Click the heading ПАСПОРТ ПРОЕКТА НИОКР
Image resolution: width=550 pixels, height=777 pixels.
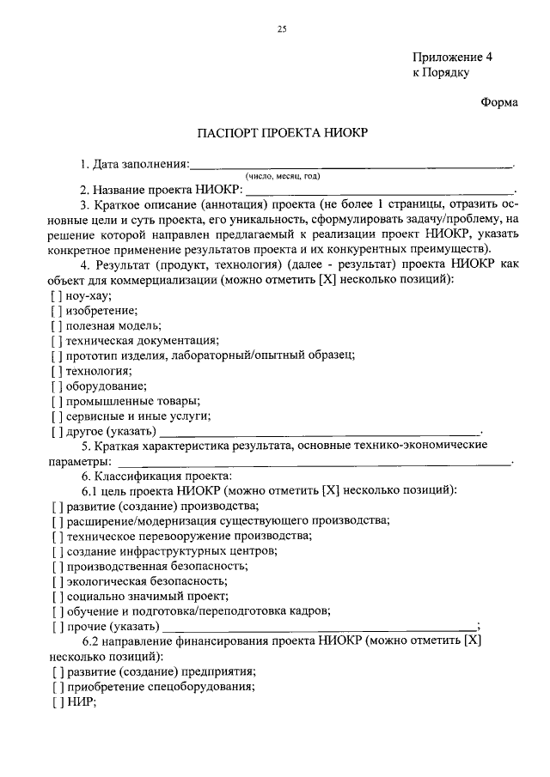click(x=284, y=133)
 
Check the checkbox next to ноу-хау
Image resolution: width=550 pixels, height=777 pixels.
click(x=57, y=295)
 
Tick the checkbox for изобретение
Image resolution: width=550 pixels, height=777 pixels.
click(x=57, y=311)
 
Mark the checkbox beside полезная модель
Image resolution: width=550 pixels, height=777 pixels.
click(x=57, y=326)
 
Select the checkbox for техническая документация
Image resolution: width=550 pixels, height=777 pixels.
click(x=57, y=342)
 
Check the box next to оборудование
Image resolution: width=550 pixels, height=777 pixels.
click(x=57, y=386)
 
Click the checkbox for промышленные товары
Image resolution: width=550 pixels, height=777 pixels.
click(x=57, y=401)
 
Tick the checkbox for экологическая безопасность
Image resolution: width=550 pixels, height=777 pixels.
click(x=57, y=581)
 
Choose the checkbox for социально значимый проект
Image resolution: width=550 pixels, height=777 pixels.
click(x=57, y=596)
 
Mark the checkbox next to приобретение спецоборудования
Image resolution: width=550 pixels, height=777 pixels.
click(x=57, y=687)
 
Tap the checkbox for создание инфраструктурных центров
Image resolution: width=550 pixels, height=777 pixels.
click(x=57, y=551)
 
